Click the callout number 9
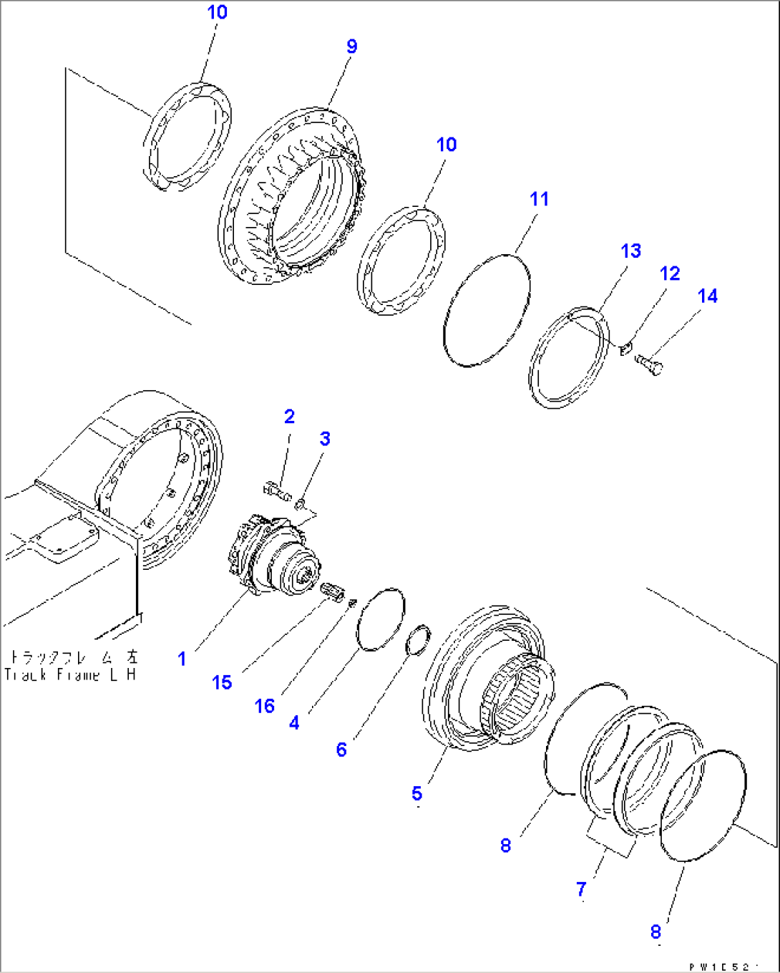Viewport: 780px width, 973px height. [x=351, y=47]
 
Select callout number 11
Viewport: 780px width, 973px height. [x=539, y=199]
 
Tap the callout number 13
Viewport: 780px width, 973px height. [x=630, y=251]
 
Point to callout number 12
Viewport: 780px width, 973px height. [x=669, y=273]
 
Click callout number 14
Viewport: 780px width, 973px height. [x=707, y=296]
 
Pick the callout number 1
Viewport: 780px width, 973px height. [x=182, y=659]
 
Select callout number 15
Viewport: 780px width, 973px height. [x=222, y=682]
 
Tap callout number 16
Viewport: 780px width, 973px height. [x=264, y=707]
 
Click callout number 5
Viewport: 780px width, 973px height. [x=416, y=793]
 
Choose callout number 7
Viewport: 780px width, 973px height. [x=581, y=889]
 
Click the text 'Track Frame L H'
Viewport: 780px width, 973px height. [x=69, y=675]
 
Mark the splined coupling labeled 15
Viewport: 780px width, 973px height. [x=333, y=593]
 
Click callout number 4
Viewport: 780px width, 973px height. [x=294, y=723]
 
